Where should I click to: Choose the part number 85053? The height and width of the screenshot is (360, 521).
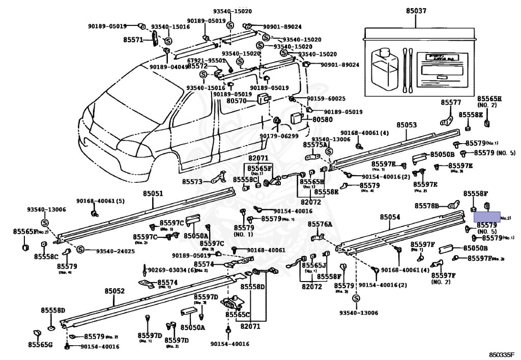coord(407,125)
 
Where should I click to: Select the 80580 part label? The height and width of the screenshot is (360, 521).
coord(322,120)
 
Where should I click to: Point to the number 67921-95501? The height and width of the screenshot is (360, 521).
coord(206,60)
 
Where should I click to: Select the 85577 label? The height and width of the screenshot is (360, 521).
coord(450,102)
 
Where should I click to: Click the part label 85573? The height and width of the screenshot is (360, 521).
coord(192,181)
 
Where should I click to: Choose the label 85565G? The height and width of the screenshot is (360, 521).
coord(40,345)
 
